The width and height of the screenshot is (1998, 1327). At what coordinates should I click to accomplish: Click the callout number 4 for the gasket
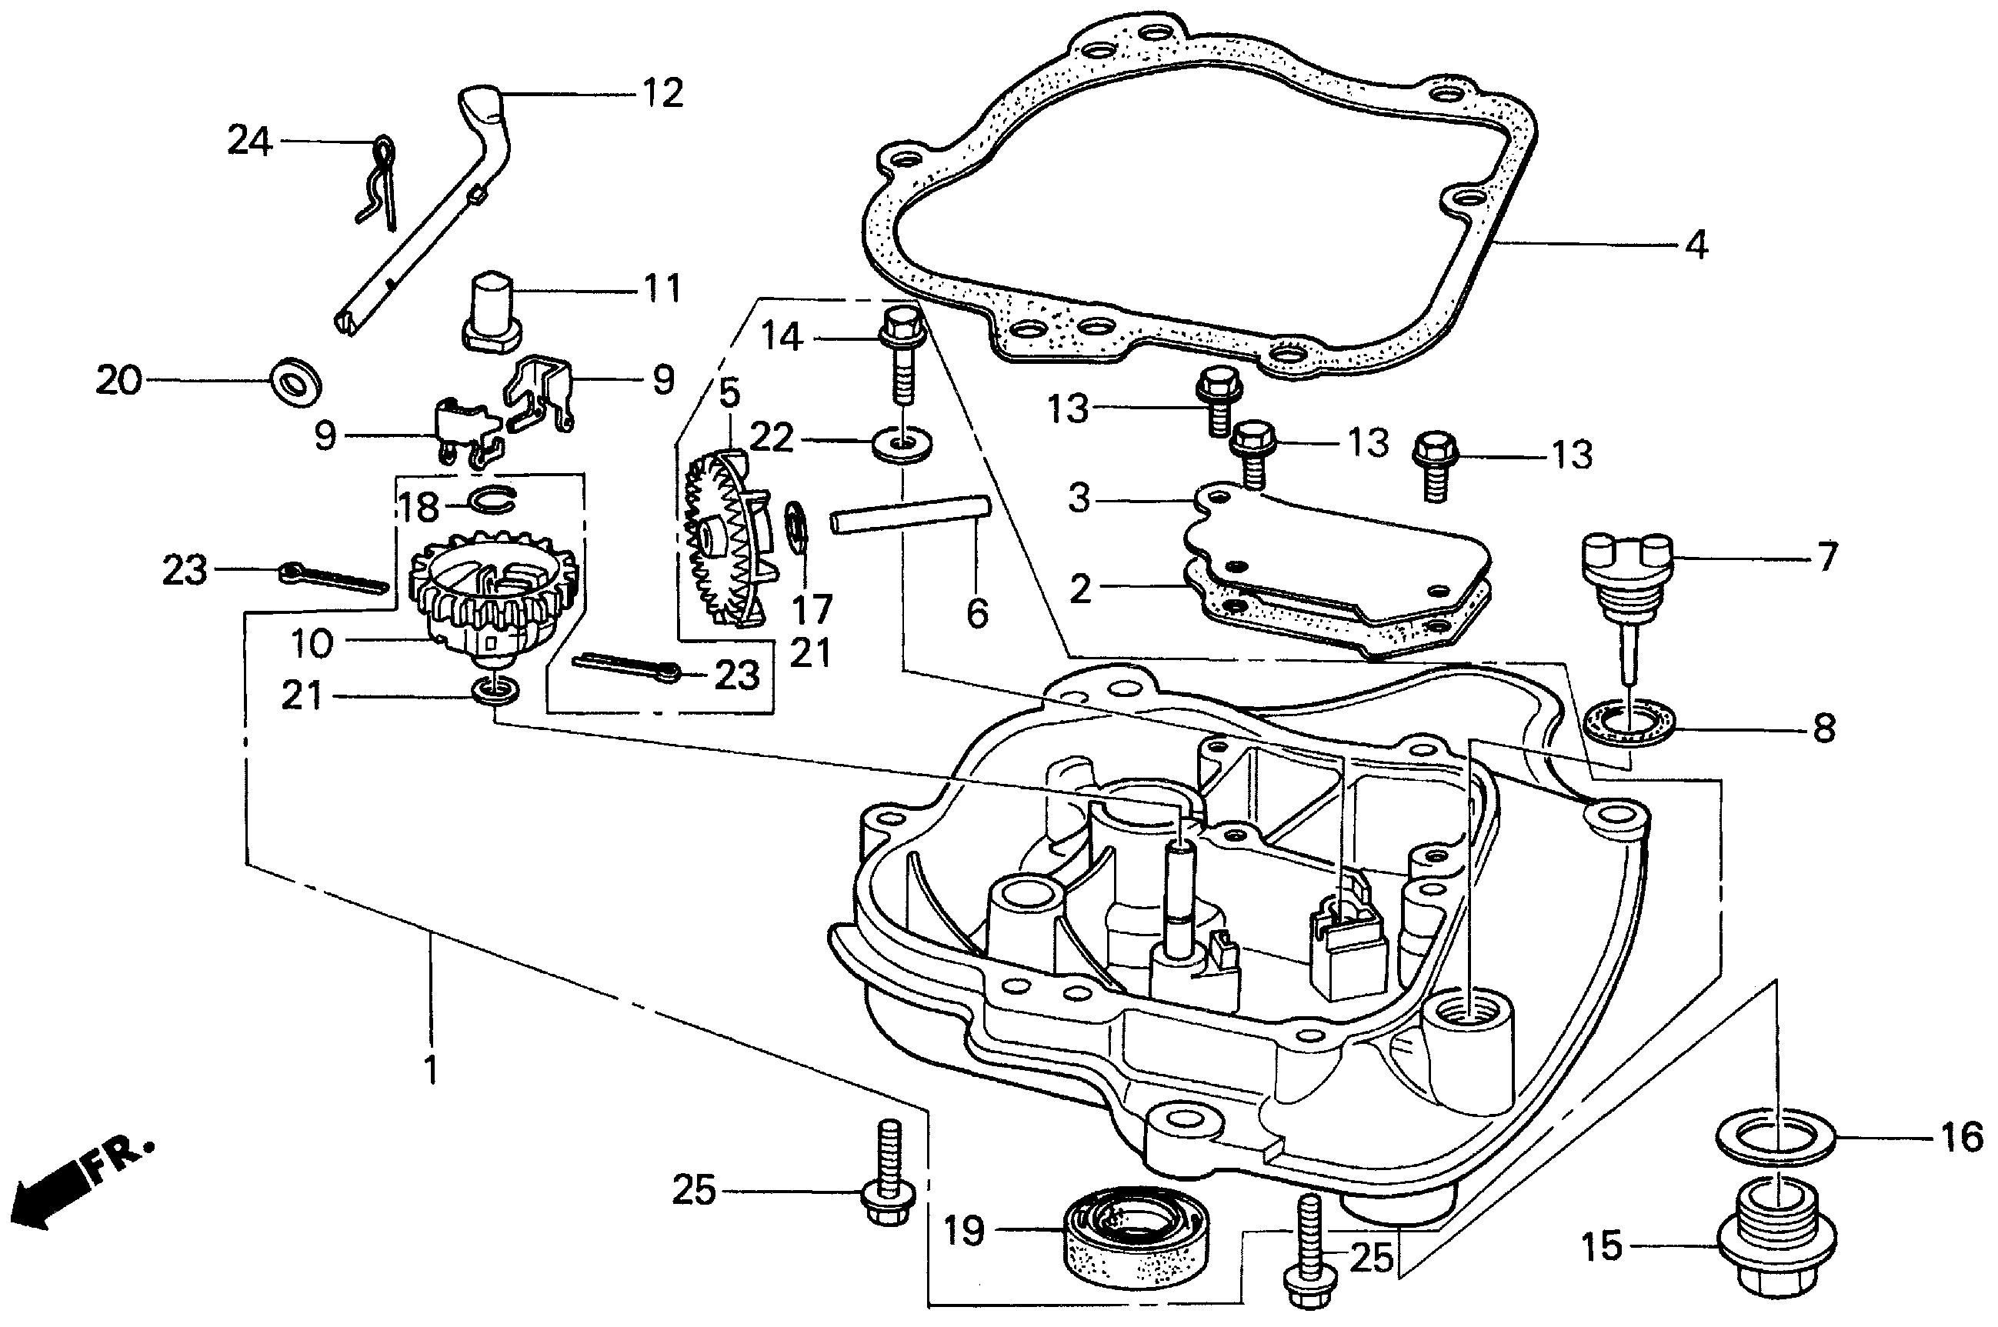pos(1696,245)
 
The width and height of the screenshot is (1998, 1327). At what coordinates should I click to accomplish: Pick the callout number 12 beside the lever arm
pos(662,93)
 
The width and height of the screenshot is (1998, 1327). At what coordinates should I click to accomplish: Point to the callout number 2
pos(1081,590)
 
